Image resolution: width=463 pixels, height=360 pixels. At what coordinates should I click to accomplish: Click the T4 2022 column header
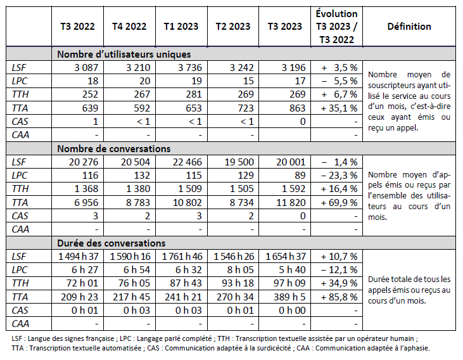(129, 27)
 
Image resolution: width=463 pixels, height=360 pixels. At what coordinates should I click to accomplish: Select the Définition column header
(409, 27)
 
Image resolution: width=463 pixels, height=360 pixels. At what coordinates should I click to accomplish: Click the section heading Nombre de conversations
(113, 148)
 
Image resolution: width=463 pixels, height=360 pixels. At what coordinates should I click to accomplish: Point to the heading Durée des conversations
(111, 243)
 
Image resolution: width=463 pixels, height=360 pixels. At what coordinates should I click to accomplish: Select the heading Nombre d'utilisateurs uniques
(124, 54)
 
